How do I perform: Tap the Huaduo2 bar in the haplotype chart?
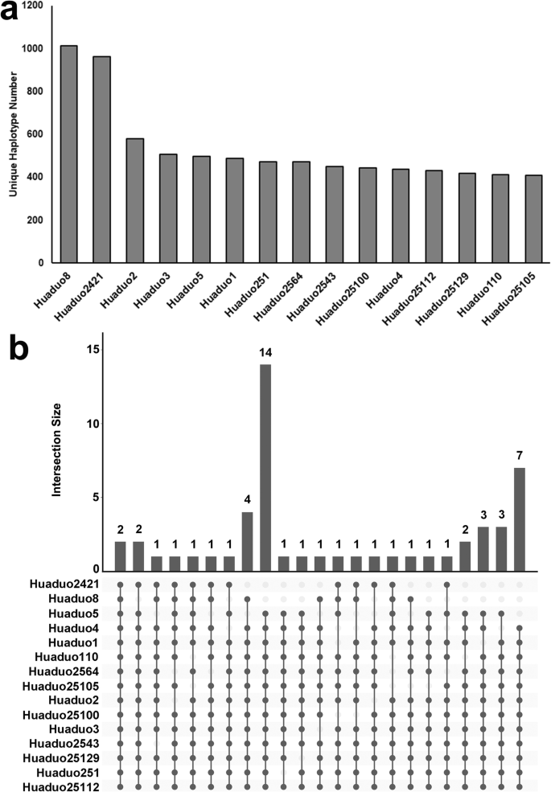[x=135, y=201]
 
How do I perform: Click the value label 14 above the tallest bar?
[x=265, y=353]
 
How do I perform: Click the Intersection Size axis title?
[x=58, y=449]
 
